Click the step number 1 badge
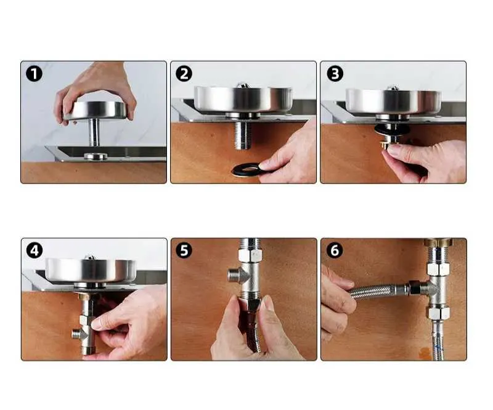click(x=34, y=74)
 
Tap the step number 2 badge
click(x=184, y=74)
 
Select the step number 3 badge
click(x=335, y=74)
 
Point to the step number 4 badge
click(x=35, y=251)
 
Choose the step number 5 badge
click(x=184, y=251)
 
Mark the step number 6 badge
click(x=335, y=251)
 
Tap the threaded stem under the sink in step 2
click(x=243, y=135)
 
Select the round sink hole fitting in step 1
click(x=96, y=156)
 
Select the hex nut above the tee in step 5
click(x=250, y=255)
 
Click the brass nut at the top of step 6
click(x=438, y=242)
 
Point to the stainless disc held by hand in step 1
click(x=96, y=111)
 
